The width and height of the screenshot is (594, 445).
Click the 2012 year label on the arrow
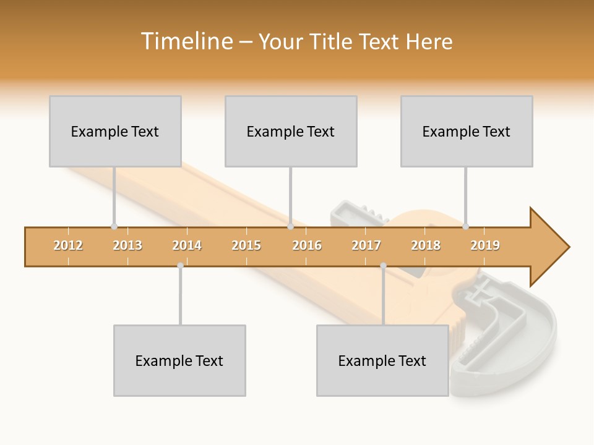[x=68, y=245]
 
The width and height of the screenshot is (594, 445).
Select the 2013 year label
[x=127, y=245]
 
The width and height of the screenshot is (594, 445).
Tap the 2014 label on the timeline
[x=187, y=245]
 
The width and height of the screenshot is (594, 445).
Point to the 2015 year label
[x=246, y=245]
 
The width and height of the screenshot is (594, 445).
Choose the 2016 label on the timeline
[x=307, y=245]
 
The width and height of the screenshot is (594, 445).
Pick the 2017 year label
[x=366, y=245]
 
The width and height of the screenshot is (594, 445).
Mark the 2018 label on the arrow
[x=426, y=245]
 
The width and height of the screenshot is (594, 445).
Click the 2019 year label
[x=485, y=245]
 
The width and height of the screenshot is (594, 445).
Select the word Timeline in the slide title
[x=186, y=41]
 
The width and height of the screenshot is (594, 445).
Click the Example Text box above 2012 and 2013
[x=115, y=131]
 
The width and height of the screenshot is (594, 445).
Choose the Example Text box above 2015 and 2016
[x=291, y=131]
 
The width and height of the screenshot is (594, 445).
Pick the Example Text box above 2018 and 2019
[x=467, y=131]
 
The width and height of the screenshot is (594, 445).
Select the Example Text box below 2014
[x=179, y=360]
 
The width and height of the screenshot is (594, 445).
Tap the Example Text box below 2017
[x=382, y=360]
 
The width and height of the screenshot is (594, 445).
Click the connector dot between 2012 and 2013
[x=114, y=226]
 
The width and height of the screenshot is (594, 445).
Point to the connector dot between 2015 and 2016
[x=290, y=226]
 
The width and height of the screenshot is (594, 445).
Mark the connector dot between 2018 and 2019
[x=465, y=226]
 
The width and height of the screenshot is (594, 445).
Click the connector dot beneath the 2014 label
[x=180, y=266]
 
